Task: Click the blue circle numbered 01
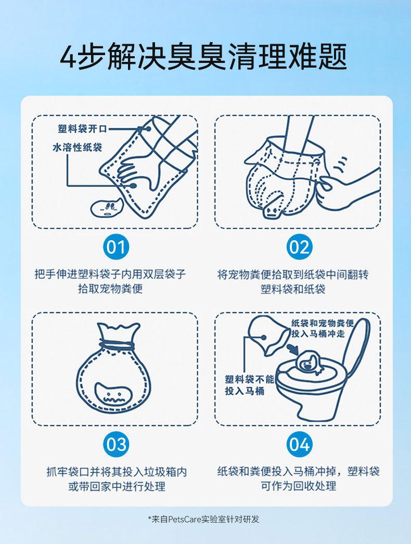(116, 248)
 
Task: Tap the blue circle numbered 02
(299, 248)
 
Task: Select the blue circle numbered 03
(116, 445)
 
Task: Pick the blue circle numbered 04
(299, 445)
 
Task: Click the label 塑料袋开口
(82, 129)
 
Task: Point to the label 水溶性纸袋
(77, 147)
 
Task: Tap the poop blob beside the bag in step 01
(106, 208)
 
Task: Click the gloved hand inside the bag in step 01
(139, 170)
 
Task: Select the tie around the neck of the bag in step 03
(117, 345)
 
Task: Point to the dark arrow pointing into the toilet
(293, 349)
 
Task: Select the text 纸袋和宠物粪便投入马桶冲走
(323, 328)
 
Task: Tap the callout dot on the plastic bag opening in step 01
(148, 128)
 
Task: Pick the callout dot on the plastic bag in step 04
(264, 337)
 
